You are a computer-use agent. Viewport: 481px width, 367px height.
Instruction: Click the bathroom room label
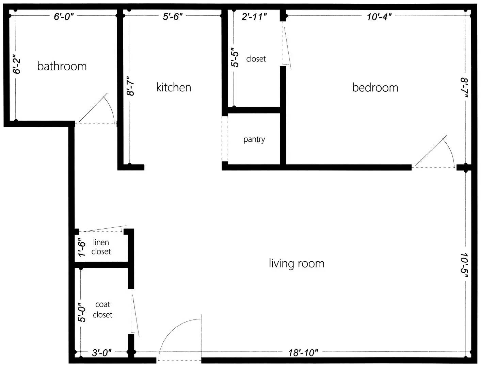62,66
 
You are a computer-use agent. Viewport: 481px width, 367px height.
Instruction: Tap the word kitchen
174,87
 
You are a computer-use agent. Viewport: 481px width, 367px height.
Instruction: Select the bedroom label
375,87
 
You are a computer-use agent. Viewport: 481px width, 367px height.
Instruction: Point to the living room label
297,263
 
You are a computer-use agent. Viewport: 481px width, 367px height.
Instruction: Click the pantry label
254,140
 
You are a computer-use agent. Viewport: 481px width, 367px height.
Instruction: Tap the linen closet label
101,247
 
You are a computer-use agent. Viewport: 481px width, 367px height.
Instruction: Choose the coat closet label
102,310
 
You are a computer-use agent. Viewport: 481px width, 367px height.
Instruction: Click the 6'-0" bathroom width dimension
64,17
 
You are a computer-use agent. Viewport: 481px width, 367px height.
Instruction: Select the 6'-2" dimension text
17,64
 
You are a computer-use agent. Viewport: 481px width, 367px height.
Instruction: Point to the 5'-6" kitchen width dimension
173,17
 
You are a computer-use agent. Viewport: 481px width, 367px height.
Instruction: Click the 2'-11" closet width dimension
254,17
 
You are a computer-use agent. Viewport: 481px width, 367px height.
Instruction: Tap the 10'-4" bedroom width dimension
379,17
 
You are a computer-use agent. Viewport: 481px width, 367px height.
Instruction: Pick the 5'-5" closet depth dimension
235,57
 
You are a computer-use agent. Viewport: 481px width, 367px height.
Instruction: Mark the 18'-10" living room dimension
303,353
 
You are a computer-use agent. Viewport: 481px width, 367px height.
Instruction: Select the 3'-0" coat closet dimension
102,353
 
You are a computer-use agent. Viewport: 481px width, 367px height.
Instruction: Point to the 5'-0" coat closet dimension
82,312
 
